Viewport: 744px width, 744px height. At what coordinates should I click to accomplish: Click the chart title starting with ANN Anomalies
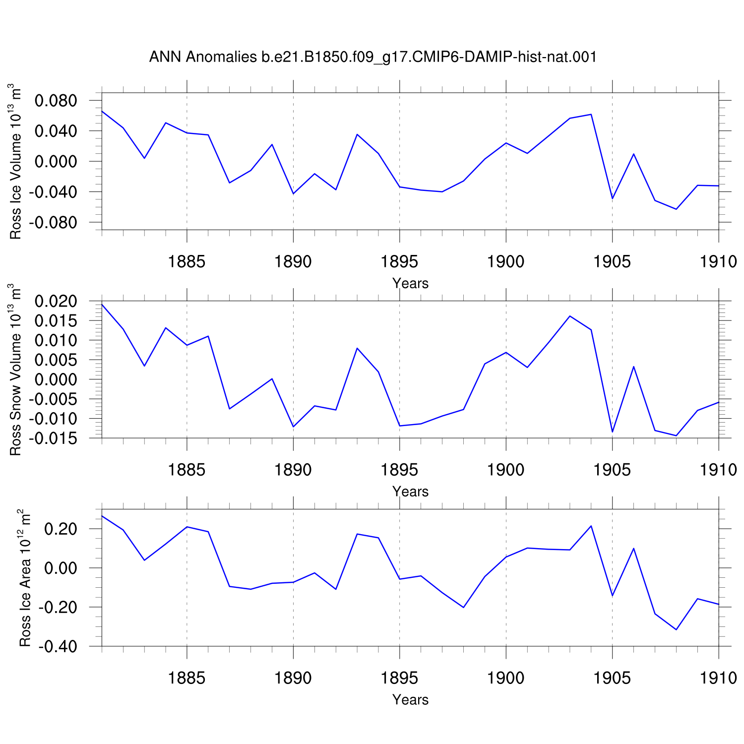(x=372, y=57)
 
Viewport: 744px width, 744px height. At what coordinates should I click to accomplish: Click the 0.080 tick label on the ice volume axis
(x=56, y=101)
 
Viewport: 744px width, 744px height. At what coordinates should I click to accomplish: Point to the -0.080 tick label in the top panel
(x=53, y=223)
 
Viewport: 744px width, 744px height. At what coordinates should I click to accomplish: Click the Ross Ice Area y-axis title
(x=25, y=578)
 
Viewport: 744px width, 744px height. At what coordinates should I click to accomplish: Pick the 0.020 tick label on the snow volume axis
(x=56, y=301)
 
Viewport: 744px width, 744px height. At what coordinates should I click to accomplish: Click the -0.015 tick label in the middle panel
(x=53, y=438)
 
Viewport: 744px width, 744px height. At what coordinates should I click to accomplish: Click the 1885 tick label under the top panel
(x=187, y=261)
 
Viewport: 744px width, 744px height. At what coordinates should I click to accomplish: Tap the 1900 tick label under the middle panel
(x=506, y=470)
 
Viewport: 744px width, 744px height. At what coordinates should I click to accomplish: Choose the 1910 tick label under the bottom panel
(x=719, y=678)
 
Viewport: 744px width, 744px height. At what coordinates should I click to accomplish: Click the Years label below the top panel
(x=410, y=283)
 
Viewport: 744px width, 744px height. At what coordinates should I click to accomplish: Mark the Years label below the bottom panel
(x=410, y=699)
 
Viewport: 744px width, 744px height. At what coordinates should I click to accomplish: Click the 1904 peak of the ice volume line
(x=591, y=115)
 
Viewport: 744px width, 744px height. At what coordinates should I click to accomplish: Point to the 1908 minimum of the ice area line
(x=676, y=629)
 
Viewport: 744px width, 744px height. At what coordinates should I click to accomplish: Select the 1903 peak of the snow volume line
(x=570, y=316)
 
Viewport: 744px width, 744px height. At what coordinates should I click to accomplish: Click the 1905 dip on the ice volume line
(x=613, y=198)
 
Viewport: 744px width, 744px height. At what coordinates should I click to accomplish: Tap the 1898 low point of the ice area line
(x=464, y=607)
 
